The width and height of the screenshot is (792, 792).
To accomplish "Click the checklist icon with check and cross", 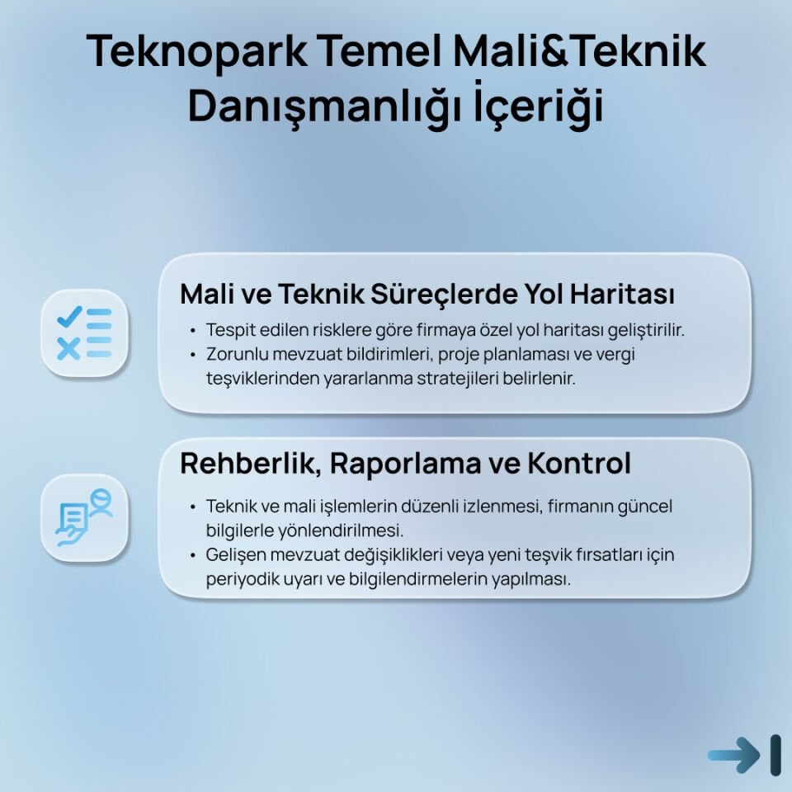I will click(84, 332).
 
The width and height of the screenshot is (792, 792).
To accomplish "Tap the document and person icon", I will click(84, 517).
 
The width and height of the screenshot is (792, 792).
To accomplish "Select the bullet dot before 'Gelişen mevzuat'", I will click(193, 555).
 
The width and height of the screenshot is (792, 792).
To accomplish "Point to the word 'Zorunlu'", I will click(234, 355).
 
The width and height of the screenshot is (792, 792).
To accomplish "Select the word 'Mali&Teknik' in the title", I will click(578, 51).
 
